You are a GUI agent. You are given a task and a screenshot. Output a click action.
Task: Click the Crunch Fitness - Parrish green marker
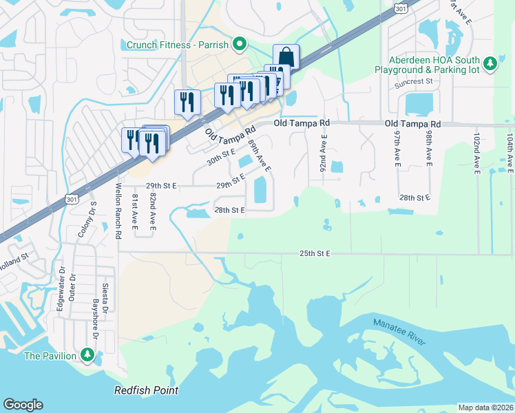239,45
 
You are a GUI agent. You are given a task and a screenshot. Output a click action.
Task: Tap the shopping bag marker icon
285,57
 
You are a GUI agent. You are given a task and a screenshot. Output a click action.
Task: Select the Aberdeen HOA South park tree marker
490,64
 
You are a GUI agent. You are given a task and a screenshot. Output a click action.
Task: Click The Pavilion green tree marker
87,355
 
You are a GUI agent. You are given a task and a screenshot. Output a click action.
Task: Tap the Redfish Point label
146,390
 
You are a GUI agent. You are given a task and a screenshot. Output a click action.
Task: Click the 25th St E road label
315,254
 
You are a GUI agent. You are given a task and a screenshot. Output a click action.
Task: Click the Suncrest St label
412,82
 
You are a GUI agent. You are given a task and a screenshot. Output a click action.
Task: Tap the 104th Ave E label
509,153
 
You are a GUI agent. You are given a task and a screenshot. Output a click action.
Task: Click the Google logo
23,405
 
